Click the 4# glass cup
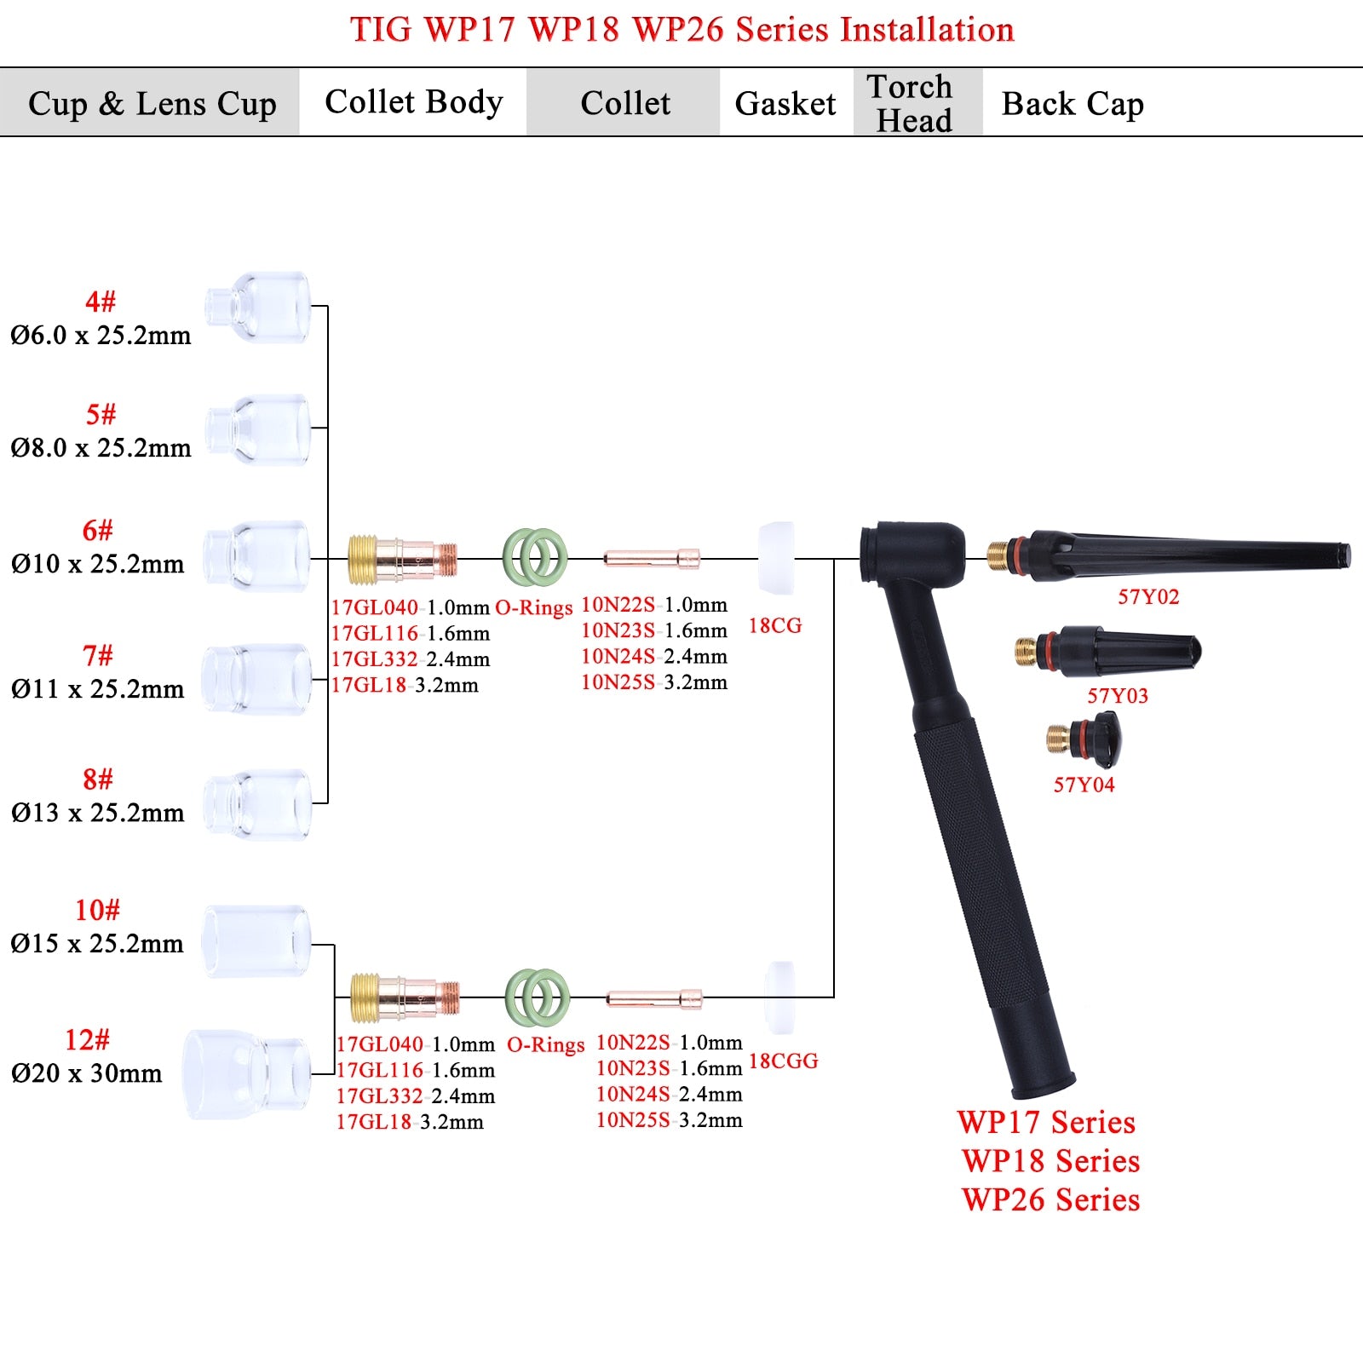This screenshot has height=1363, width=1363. click(x=258, y=308)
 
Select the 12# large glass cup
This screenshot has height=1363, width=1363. click(x=245, y=1073)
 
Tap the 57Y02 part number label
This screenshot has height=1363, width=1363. click(x=1148, y=596)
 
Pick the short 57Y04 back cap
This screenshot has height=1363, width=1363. click(x=1084, y=737)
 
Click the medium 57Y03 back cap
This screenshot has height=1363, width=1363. click(x=1107, y=652)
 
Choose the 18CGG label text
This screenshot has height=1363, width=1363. click(x=783, y=1061)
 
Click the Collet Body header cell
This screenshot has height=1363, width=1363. click(x=413, y=102)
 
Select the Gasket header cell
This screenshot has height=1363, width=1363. click(x=785, y=103)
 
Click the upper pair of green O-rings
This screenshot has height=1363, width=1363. click(x=535, y=558)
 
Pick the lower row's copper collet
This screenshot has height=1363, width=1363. click(x=653, y=998)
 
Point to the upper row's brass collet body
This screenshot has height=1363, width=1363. click(x=402, y=559)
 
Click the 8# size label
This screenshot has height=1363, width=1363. click(x=98, y=779)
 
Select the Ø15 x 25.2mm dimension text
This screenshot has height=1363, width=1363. click(x=97, y=943)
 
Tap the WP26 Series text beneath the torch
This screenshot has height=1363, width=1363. click(x=1050, y=1199)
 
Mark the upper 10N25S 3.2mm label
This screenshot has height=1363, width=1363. click(x=654, y=682)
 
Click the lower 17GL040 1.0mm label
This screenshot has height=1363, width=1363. click(x=415, y=1044)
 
